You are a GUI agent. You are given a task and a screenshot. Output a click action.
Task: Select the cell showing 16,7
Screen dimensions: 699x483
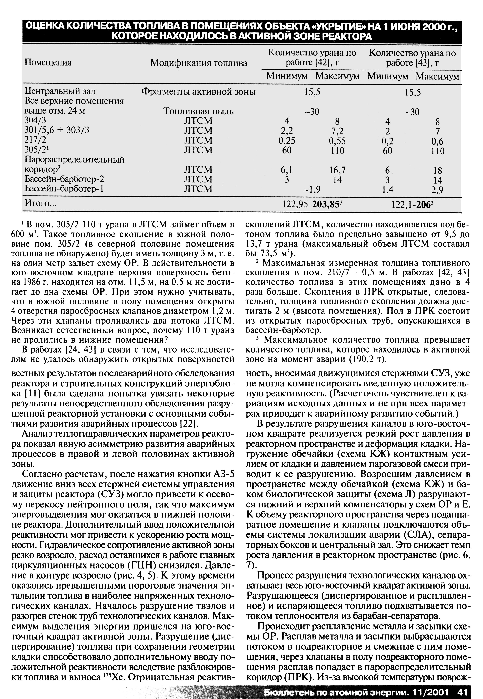[x=337, y=170]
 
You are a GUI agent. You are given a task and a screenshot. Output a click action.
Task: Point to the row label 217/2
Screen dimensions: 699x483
[x=35, y=141]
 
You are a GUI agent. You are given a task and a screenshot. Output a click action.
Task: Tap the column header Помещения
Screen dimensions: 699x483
[x=48, y=63]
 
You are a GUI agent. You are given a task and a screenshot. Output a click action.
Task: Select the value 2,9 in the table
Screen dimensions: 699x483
[x=438, y=190]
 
